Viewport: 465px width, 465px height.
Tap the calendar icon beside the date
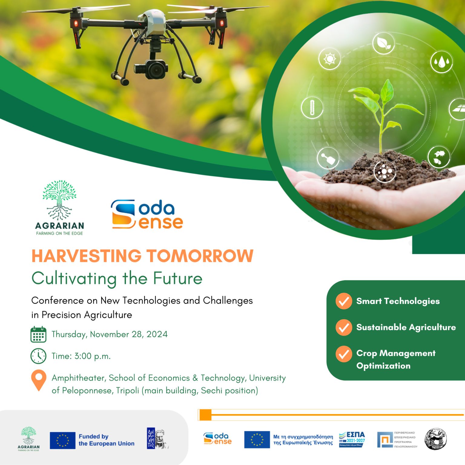(38, 335)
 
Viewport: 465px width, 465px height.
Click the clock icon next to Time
(38, 356)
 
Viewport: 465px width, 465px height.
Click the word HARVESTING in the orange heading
(86, 256)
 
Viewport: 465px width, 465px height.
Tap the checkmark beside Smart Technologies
(344, 301)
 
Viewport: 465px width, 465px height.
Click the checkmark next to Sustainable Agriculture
(344, 328)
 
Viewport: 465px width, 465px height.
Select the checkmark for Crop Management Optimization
(344, 354)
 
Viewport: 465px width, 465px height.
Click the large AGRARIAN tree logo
(59, 208)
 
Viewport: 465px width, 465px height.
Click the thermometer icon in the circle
(312, 107)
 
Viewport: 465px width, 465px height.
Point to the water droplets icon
(441, 62)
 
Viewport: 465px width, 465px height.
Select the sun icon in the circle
(329, 58)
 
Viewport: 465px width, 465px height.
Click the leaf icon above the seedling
(384, 44)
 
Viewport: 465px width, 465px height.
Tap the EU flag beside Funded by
(62, 440)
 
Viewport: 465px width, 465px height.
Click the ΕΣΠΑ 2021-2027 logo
(352, 440)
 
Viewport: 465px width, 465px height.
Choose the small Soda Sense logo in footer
(217, 439)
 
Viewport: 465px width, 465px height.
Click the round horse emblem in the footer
(436, 439)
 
